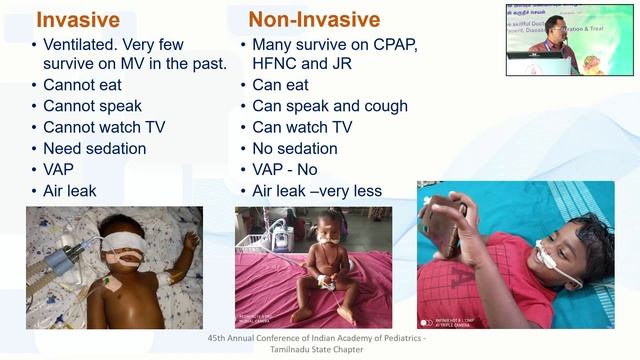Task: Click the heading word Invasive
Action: coord(77,19)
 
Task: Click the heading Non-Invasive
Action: coord(314,19)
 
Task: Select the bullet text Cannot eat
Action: coord(82,85)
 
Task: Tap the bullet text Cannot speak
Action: coord(92,106)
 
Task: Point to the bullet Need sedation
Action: coord(94,148)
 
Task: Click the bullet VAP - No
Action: coord(284,169)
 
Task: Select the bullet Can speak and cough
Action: coord(329,106)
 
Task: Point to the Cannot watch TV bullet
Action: coord(105,127)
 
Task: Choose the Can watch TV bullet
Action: coord(301,127)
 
